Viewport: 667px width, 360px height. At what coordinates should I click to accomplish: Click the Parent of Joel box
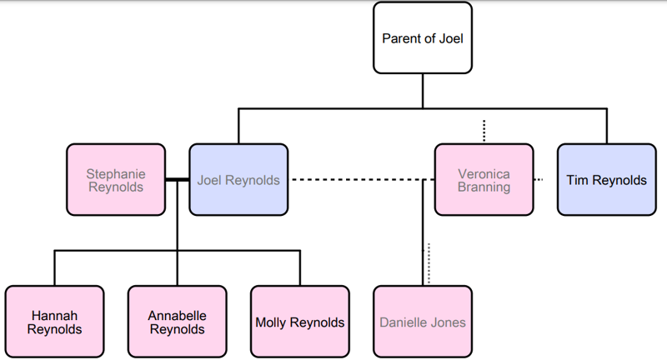pos(422,37)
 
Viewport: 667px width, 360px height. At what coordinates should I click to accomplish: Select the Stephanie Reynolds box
pos(116,180)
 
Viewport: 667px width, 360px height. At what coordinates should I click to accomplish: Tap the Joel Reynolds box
pos(238,180)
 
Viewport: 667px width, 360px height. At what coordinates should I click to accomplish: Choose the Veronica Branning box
pos(484,180)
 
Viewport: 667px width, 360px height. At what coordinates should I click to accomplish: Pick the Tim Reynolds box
pos(606,180)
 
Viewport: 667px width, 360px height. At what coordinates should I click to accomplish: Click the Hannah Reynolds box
pos(55,322)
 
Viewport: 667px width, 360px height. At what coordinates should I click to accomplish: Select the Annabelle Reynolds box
pos(177,322)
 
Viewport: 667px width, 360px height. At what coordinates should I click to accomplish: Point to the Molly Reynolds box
pos(299,322)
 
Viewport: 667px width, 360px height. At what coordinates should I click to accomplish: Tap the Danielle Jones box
pos(422,322)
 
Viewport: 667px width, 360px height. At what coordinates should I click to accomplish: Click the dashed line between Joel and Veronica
pos(359,180)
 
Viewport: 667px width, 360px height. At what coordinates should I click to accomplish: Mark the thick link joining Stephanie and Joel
pos(177,180)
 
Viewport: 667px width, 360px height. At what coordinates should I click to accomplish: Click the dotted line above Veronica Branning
pos(484,131)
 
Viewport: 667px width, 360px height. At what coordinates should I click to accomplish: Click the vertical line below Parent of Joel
pos(422,90)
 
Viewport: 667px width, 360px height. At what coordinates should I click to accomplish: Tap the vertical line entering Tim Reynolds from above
pos(606,125)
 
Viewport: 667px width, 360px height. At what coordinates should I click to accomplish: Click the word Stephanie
pos(116,173)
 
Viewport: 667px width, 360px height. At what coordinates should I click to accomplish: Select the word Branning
pos(484,187)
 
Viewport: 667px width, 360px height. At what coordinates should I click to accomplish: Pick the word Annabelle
pos(177,315)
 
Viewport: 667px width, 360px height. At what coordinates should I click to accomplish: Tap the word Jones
pos(448,322)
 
